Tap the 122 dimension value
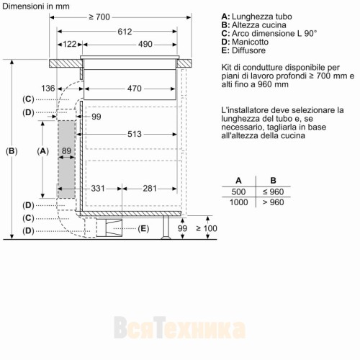point(69,45)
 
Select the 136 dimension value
point(48,89)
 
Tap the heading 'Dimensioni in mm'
point(36,6)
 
